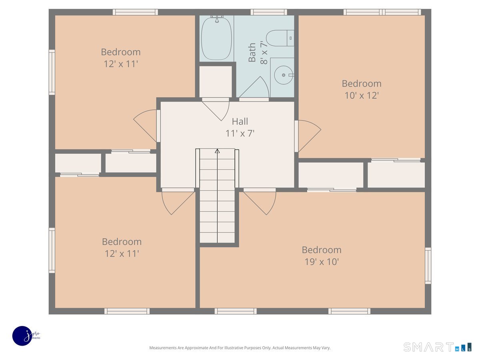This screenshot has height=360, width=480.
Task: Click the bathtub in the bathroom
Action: tap(216, 38)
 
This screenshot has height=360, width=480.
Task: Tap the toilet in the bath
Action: tap(280, 38)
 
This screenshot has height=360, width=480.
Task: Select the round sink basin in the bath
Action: tap(284, 75)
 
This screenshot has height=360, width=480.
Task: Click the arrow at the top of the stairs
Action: tap(217, 151)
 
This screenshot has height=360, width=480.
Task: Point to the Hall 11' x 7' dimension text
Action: tap(240, 133)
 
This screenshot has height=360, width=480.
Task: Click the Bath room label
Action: tap(252, 52)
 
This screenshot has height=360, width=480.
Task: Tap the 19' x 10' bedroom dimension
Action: tap(322, 262)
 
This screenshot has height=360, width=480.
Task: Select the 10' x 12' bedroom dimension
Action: tap(362, 96)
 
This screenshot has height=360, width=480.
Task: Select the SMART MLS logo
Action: tap(437, 347)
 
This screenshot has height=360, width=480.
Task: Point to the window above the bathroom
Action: tap(269, 12)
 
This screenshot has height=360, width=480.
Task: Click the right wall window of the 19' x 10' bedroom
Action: tap(428, 266)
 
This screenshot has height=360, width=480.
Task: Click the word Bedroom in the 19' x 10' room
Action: tap(322, 250)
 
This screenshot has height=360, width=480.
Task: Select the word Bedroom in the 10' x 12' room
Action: tap(362, 84)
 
